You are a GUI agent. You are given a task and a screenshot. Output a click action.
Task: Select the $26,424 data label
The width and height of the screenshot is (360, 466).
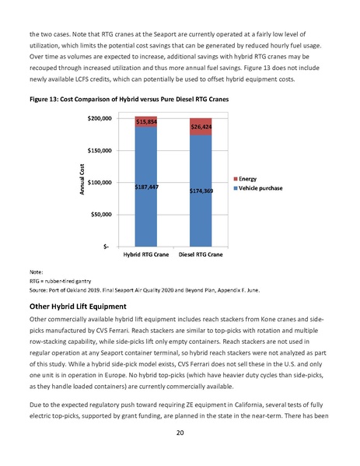(x=201, y=125)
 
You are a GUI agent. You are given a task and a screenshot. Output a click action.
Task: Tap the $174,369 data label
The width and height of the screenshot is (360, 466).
(x=201, y=190)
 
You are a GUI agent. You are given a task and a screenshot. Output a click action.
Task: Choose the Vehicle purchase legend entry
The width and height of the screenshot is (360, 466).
(x=260, y=188)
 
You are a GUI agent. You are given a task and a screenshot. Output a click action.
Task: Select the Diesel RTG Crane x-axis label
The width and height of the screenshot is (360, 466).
(x=201, y=254)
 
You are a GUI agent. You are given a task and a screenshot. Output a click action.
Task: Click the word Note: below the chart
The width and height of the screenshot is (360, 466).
(x=37, y=271)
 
